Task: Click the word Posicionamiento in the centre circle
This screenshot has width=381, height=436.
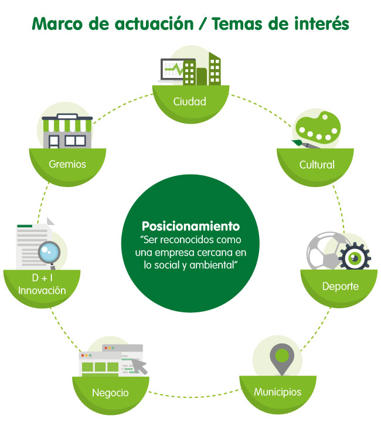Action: pyautogui.click(x=190, y=226)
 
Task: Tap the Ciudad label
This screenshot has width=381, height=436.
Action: pyautogui.click(x=190, y=101)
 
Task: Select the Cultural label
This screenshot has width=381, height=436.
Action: pyautogui.click(x=317, y=165)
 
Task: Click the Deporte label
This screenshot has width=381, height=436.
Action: pyautogui.click(x=340, y=287)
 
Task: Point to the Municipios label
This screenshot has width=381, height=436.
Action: pyautogui.click(x=277, y=391)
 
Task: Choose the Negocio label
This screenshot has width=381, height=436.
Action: pyautogui.click(x=110, y=392)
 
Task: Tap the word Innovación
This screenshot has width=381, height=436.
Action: pyautogui.click(x=42, y=291)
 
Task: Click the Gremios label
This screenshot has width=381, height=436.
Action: pyautogui.click(x=68, y=163)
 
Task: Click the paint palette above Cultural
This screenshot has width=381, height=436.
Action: pyautogui.click(x=316, y=131)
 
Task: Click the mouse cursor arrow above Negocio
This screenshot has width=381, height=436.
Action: pyautogui.click(x=140, y=366)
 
